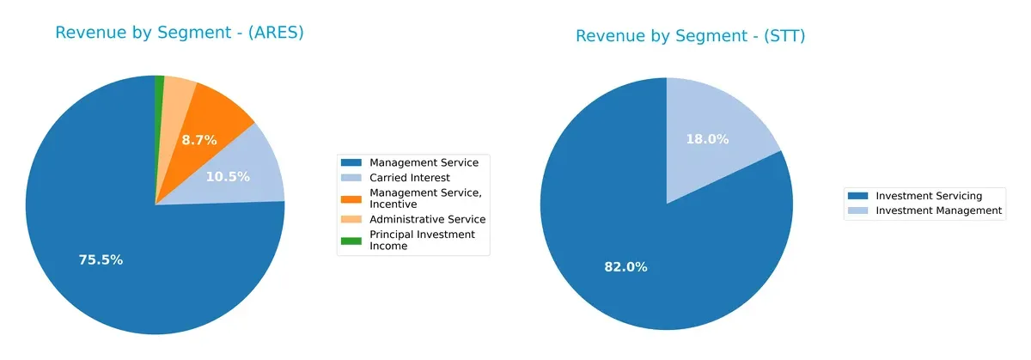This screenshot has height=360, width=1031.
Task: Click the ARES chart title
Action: [x=180, y=33]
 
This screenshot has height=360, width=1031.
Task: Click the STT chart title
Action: [x=690, y=36]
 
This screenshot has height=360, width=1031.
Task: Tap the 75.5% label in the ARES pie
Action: [x=100, y=259]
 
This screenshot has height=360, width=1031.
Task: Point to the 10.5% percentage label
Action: [x=228, y=177]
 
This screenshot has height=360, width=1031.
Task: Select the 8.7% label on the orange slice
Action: [x=199, y=139]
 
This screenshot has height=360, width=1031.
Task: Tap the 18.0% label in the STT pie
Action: [x=707, y=139]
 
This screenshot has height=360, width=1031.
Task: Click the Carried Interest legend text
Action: [x=410, y=178]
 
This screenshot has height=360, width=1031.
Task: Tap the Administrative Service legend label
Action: [x=427, y=219]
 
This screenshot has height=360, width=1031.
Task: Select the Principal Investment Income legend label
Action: [x=422, y=240]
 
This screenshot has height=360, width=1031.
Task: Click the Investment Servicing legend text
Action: [x=928, y=196]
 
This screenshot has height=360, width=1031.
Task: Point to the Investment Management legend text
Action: [x=938, y=211]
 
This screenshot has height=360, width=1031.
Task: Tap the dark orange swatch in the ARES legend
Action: [x=351, y=198]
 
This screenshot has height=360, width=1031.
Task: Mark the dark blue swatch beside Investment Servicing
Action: [x=857, y=196]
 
